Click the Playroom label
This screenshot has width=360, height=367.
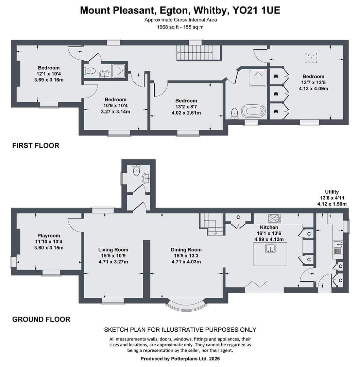49,236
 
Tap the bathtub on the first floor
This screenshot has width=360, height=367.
254,111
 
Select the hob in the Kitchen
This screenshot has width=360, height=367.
275,219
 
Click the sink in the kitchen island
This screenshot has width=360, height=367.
270,248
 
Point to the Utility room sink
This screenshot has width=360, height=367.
338,248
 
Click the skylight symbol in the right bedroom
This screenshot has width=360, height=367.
311,58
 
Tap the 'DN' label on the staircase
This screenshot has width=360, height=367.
178,53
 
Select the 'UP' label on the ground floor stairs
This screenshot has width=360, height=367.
215,233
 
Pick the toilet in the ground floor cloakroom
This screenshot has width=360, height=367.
136,170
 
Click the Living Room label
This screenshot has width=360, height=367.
113,250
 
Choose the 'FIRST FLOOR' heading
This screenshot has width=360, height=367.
36,145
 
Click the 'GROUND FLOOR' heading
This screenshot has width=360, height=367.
41,319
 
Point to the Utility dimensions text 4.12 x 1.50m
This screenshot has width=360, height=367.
332,204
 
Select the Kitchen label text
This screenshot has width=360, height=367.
269,227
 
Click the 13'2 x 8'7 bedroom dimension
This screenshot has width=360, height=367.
186,107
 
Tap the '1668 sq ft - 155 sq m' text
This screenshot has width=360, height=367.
180,27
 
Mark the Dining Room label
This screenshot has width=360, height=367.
186,250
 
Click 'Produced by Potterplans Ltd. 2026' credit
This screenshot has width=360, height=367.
180,359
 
